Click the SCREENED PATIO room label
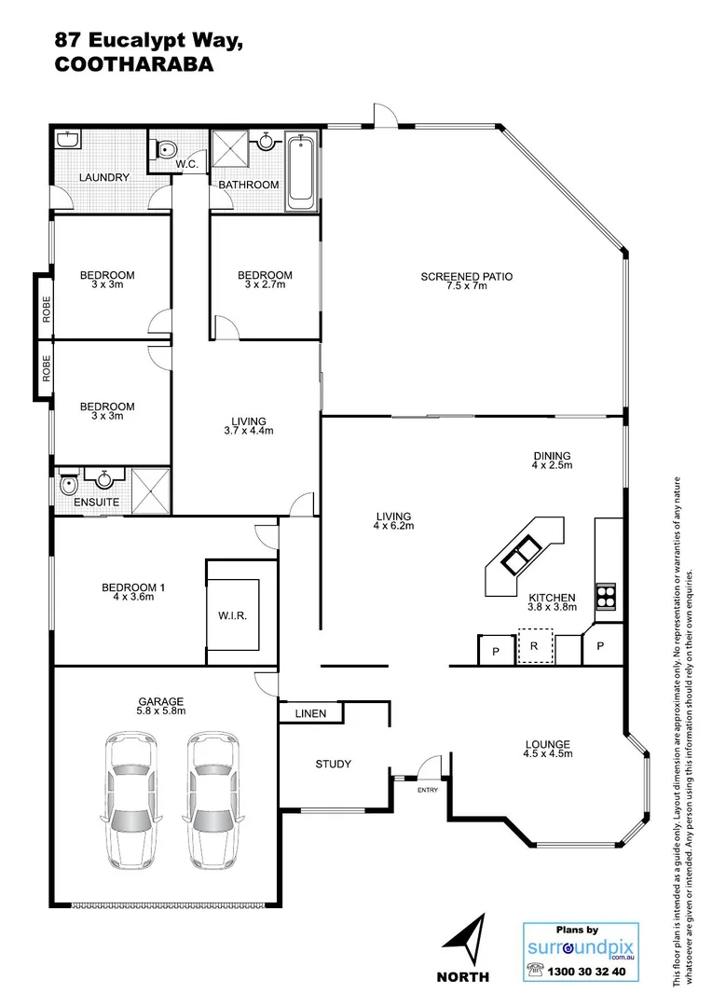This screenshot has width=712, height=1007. click(x=466, y=276)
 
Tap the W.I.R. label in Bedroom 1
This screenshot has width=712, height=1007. click(x=234, y=616)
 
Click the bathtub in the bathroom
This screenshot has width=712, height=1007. click(x=301, y=173)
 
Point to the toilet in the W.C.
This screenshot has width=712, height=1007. click(x=165, y=149)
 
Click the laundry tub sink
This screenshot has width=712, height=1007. click(x=66, y=140)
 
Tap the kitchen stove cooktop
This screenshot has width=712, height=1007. click(x=606, y=594)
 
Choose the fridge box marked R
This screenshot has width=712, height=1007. click(x=535, y=646)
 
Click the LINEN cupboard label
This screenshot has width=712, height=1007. click(x=310, y=714)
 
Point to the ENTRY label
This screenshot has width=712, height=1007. click(x=427, y=790)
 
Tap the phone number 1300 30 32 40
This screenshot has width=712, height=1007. click(x=589, y=971)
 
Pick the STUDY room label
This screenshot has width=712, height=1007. click(x=333, y=765)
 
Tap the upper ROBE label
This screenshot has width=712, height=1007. click(x=45, y=307)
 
